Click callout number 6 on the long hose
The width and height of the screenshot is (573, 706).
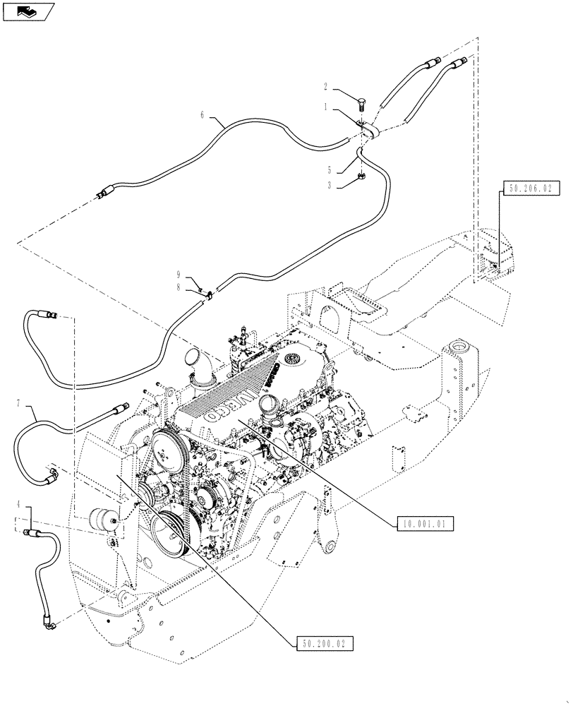(x=203, y=114)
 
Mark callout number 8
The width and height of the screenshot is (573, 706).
(x=179, y=288)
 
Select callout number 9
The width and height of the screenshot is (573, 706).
(x=179, y=275)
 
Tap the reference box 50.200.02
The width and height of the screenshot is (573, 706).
(x=321, y=643)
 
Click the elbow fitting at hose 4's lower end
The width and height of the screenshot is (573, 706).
(x=48, y=622)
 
